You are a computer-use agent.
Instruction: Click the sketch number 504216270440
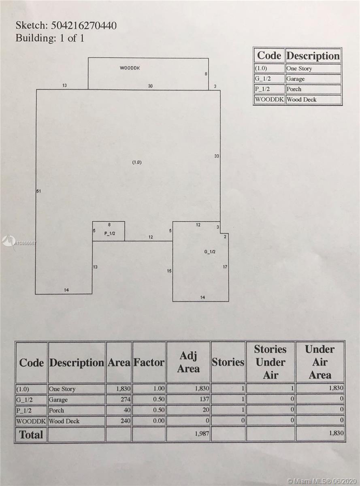coord(84,26)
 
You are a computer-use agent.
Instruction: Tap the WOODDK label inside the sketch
coord(130,68)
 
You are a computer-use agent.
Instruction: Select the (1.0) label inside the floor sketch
coord(137,162)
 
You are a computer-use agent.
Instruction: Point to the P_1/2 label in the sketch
coord(110,234)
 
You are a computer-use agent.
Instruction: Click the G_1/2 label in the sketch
coord(210,252)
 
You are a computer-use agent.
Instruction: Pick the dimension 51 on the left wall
coord(38,191)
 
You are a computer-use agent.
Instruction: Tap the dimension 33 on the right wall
coord(217,156)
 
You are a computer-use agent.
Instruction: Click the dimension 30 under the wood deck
coord(150,86)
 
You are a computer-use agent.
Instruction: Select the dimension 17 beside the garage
coord(225,266)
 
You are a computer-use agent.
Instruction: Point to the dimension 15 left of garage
coord(169,271)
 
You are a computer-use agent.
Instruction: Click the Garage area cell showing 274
coord(126,400)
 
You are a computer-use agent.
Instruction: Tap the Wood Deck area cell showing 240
coord(126,421)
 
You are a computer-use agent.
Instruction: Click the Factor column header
coord(149,362)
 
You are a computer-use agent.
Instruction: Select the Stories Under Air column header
coord(271,362)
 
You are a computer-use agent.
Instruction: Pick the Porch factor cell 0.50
coord(159,410)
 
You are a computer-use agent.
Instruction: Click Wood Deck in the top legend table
coord(302,100)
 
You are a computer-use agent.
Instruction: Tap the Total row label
coord(31,435)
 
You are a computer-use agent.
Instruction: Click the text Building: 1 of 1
coord(50,38)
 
